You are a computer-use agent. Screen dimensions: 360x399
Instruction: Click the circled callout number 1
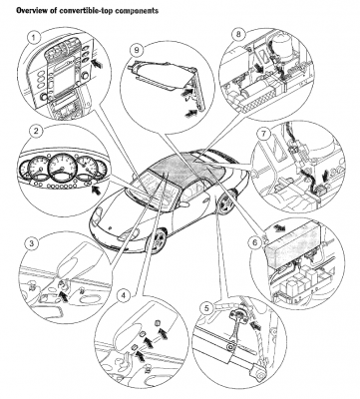click(34, 38)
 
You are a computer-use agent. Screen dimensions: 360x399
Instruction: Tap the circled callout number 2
click(36, 131)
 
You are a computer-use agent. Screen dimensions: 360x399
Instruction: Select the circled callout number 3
click(32, 243)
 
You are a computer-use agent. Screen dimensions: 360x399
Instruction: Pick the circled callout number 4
click(124, 295)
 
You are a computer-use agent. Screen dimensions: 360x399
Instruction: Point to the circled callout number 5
click(207, 309)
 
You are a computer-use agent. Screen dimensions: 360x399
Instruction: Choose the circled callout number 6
click(254, 243)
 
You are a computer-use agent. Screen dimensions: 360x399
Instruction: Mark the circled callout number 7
click(263, 134)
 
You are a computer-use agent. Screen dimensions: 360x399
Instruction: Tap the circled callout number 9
click(136, 51)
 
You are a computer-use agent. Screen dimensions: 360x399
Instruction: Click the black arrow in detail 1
click(98, 62)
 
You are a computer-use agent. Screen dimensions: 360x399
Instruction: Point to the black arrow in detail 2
click(97, 190)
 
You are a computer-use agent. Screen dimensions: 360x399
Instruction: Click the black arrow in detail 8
click(260, 68)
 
